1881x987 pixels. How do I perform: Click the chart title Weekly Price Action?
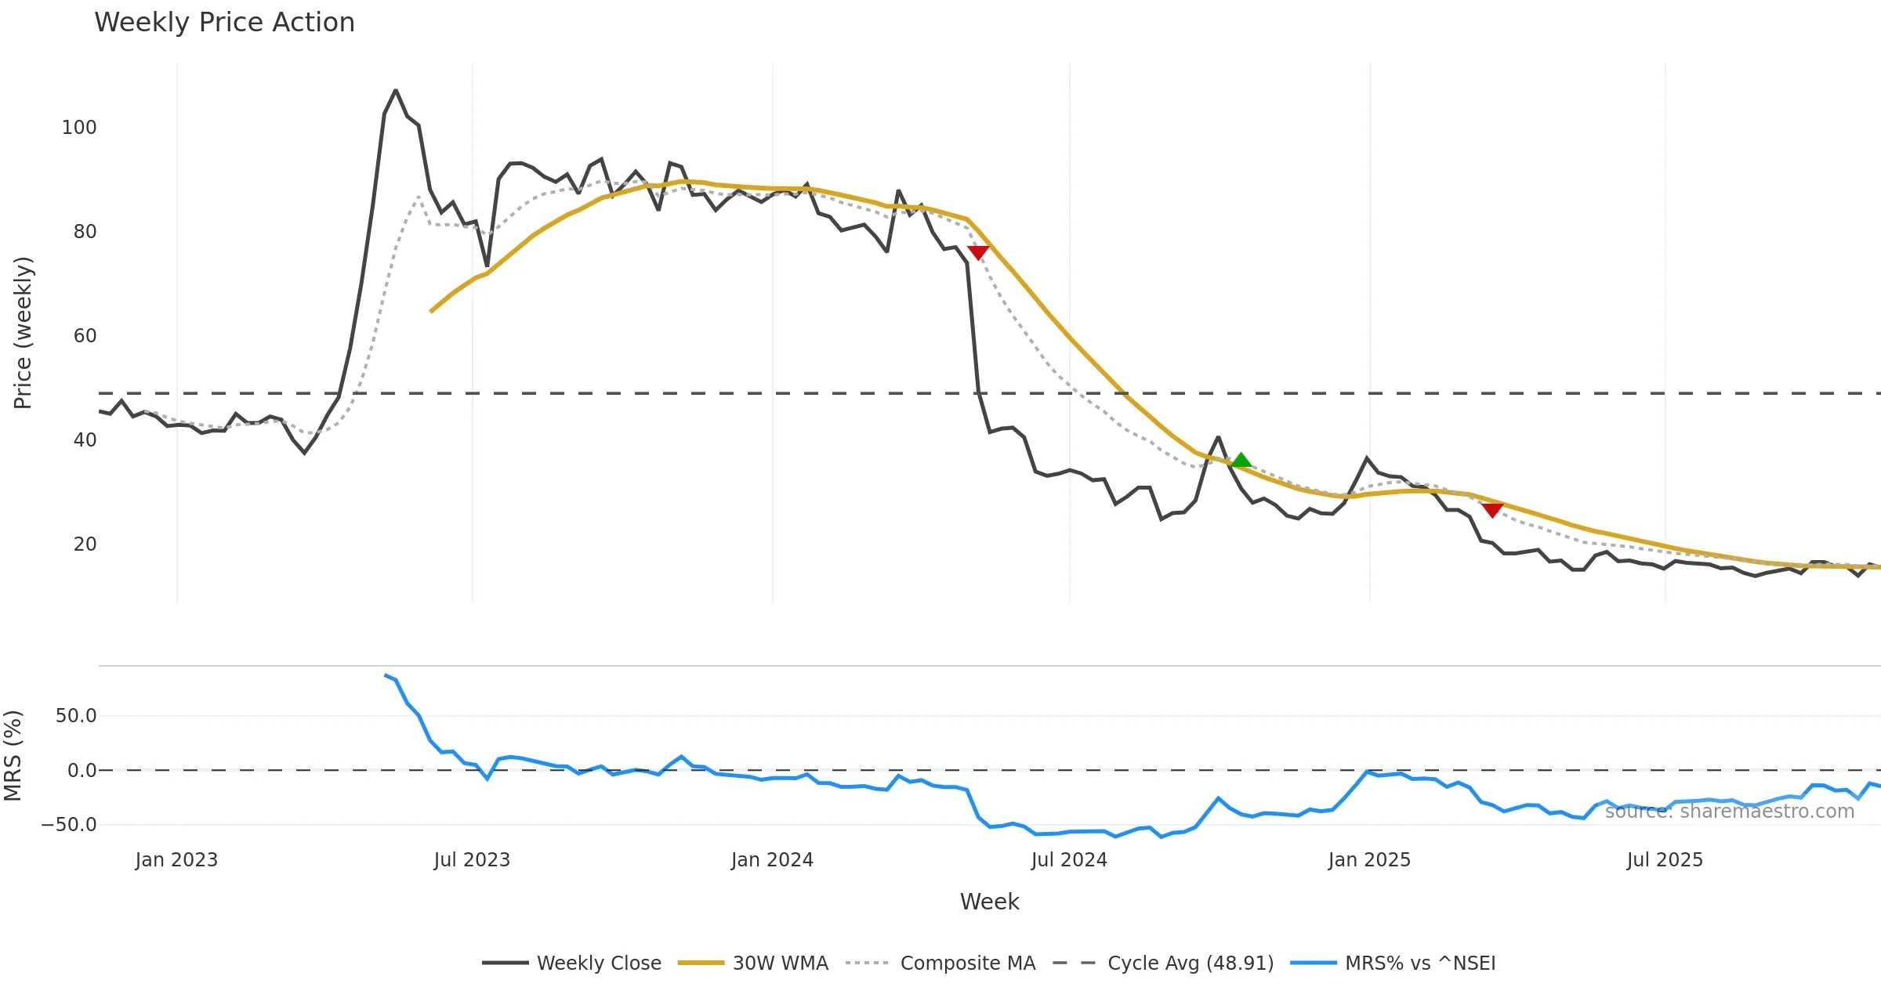[224, 23]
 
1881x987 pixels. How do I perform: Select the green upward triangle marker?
[1241, 461]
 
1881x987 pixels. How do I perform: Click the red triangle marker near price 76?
[978, 252]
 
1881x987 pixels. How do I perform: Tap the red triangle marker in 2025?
[1492, 510]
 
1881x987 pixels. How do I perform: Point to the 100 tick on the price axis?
[79, 128]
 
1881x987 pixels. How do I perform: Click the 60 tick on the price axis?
[85, 336]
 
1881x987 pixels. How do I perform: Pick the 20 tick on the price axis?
[85, 544]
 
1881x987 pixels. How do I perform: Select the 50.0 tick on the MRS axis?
[76, 716]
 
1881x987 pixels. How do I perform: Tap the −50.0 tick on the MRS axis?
[69, 825]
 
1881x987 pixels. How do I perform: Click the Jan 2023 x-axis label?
[176, 860]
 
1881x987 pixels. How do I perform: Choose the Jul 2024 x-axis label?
[1069, 860]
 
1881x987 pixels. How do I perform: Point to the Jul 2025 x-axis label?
[1665, 860]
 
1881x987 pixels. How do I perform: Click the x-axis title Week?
[989, 902]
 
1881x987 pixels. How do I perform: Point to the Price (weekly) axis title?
[23, 333]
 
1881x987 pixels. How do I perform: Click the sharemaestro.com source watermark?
[1729, 812]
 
